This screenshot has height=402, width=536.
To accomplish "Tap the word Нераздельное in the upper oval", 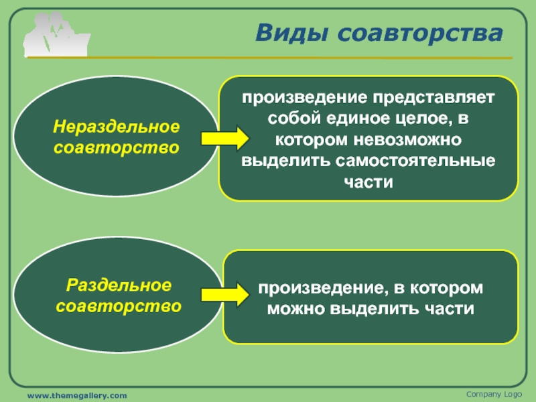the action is [x=118, y=126].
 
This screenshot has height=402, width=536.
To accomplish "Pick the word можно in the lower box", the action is [x=295, y=309].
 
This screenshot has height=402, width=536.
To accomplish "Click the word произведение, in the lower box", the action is [x=317, y=288].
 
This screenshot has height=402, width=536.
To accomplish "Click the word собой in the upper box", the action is [x=293, y=120].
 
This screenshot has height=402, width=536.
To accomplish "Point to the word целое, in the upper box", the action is [x=417, y=120].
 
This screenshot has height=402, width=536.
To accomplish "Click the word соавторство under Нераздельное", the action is [x=118, y=147].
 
